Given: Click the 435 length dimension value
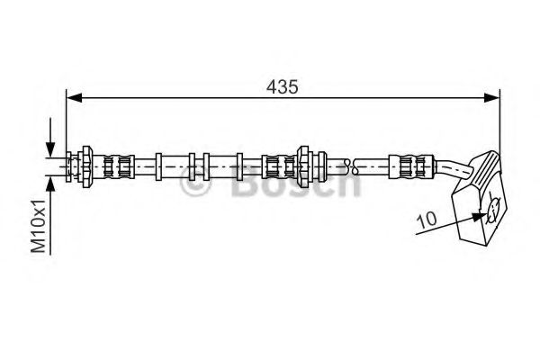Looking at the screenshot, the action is [282, 86].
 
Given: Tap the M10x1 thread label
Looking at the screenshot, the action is [38, 226].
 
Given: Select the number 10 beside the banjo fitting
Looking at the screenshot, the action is [427, 219].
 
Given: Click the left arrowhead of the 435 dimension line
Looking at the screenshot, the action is [74, 98].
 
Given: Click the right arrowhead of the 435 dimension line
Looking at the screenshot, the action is [491, 98].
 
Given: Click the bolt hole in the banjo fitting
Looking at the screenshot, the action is [493, 211].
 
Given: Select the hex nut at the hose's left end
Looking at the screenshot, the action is [86, 166].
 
